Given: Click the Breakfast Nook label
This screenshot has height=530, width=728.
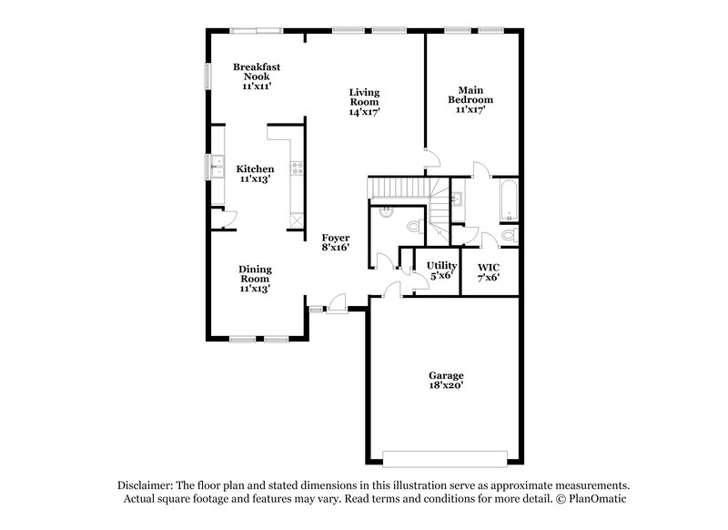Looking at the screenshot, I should [255, 76].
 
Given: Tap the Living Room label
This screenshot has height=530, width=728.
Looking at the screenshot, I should [364, 102].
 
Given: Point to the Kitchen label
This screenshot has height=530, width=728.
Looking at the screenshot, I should [255, 173].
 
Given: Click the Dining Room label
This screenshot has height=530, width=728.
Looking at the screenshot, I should [255, 278].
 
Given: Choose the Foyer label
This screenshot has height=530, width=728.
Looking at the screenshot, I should [335, 241].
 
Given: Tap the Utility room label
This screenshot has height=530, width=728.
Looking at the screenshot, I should [440, 270].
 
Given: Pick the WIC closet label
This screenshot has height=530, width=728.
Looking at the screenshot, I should [489, 270].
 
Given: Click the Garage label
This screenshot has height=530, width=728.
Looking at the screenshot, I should [446, 375].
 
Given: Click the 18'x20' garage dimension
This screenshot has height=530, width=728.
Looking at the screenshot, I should [446, 386].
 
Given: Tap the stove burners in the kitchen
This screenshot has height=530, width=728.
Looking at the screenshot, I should [297, 168].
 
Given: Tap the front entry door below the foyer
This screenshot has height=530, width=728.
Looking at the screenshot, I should [338, 304].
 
